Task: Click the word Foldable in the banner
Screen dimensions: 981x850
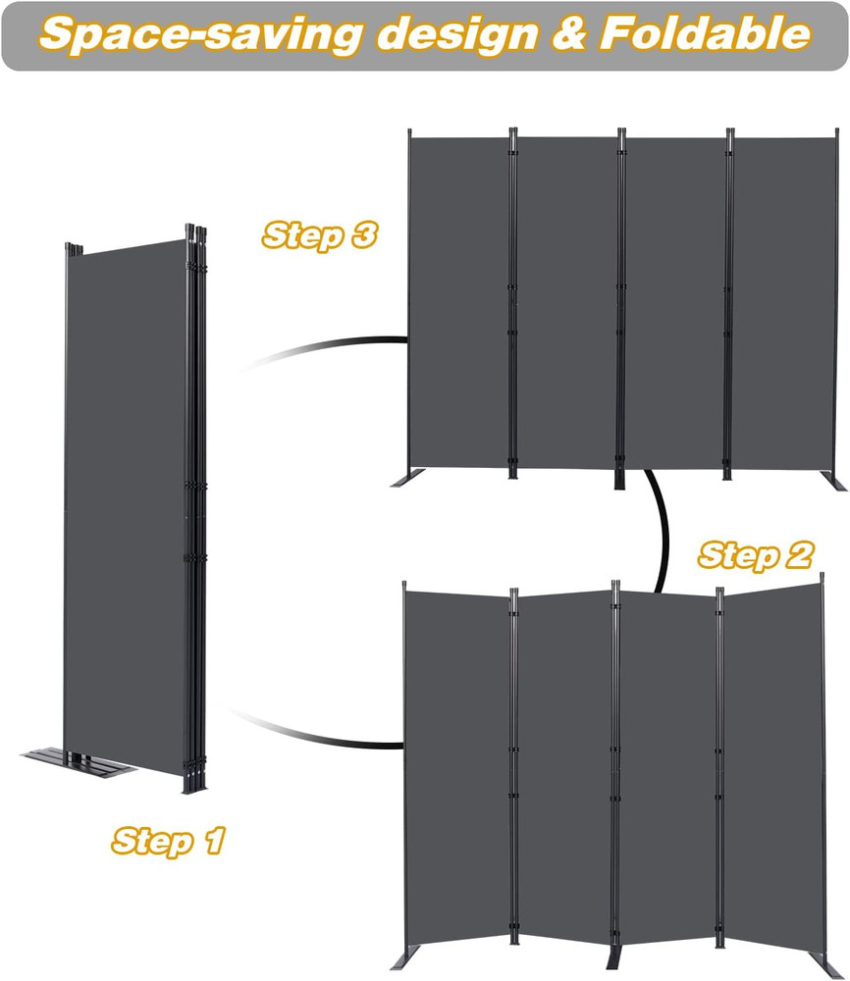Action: pyautogui.click(x=705, y=34)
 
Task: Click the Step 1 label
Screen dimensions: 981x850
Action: pyautogui.click(x=169, y=841)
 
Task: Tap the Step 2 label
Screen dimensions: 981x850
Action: pyautogui.click(x=755, y=555)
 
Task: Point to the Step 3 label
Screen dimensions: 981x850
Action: pyautogui.click(x=320, y=235)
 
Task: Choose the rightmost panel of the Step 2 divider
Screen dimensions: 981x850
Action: pyautogui.click(x=771, y=765)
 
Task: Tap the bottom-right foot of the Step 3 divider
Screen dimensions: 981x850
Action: pyautogui.click(x=835, y=482)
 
